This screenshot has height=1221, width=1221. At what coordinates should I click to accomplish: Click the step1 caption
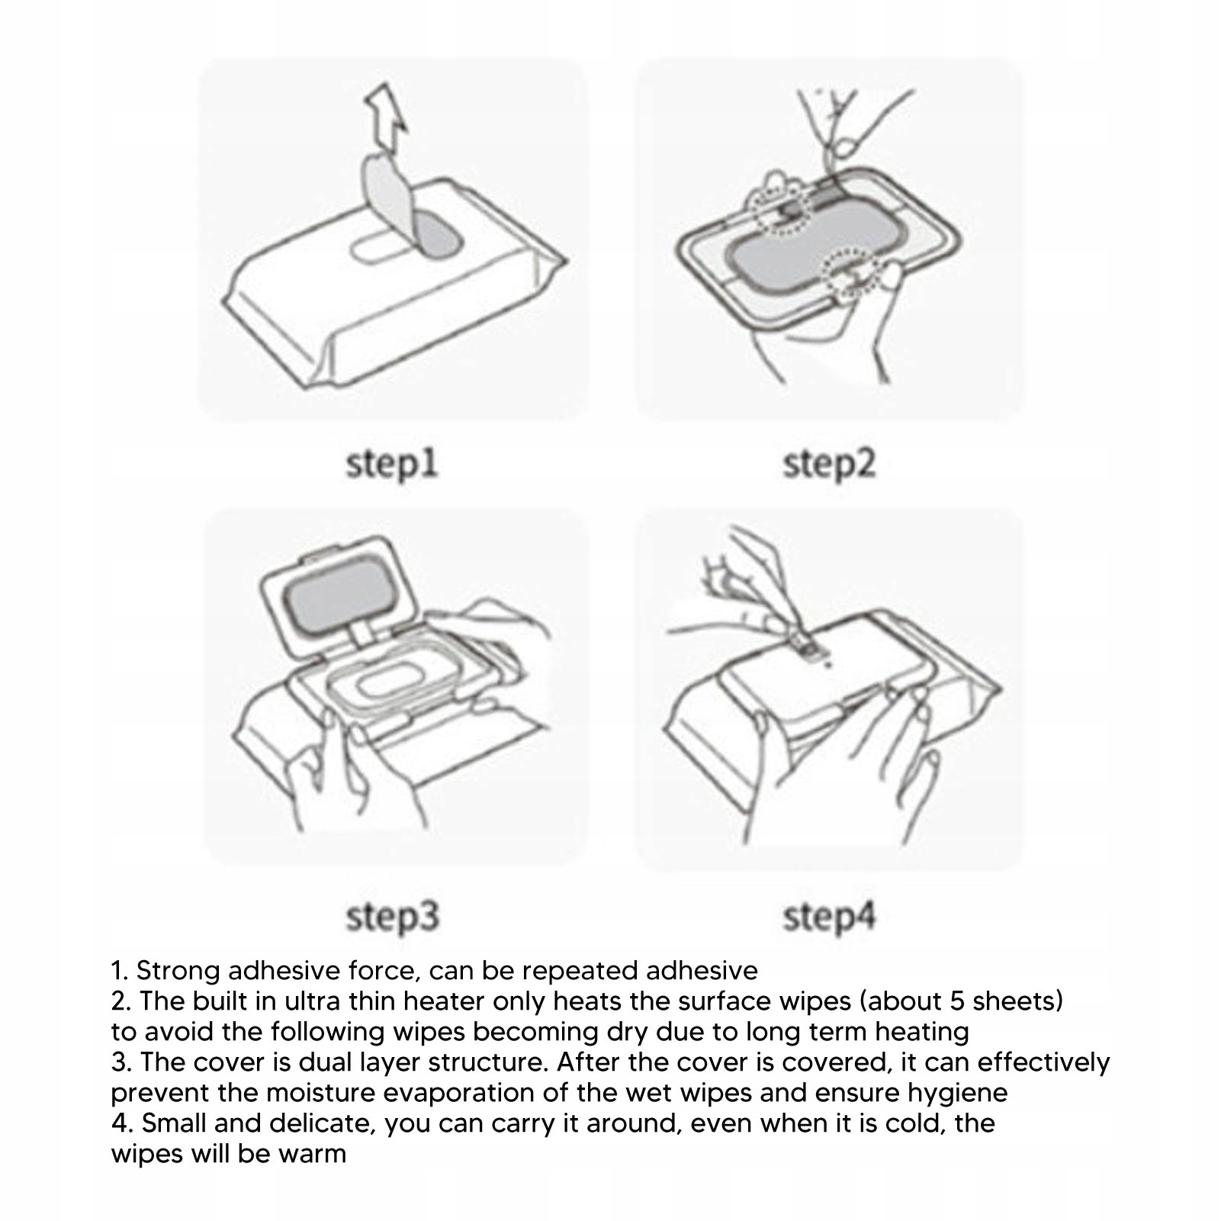pyautogui.click(x=392, y=464)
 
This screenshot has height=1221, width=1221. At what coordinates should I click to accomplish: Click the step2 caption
pyautogui.click(x=829, y=464)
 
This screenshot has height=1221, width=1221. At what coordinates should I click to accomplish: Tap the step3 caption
pyautogui.click(x=392, y=916)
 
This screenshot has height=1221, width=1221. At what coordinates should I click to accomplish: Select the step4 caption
pyautogui.click(x=829, y=916)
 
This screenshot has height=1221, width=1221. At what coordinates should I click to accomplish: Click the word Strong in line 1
pyautogui.click(x=178, y=972)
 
